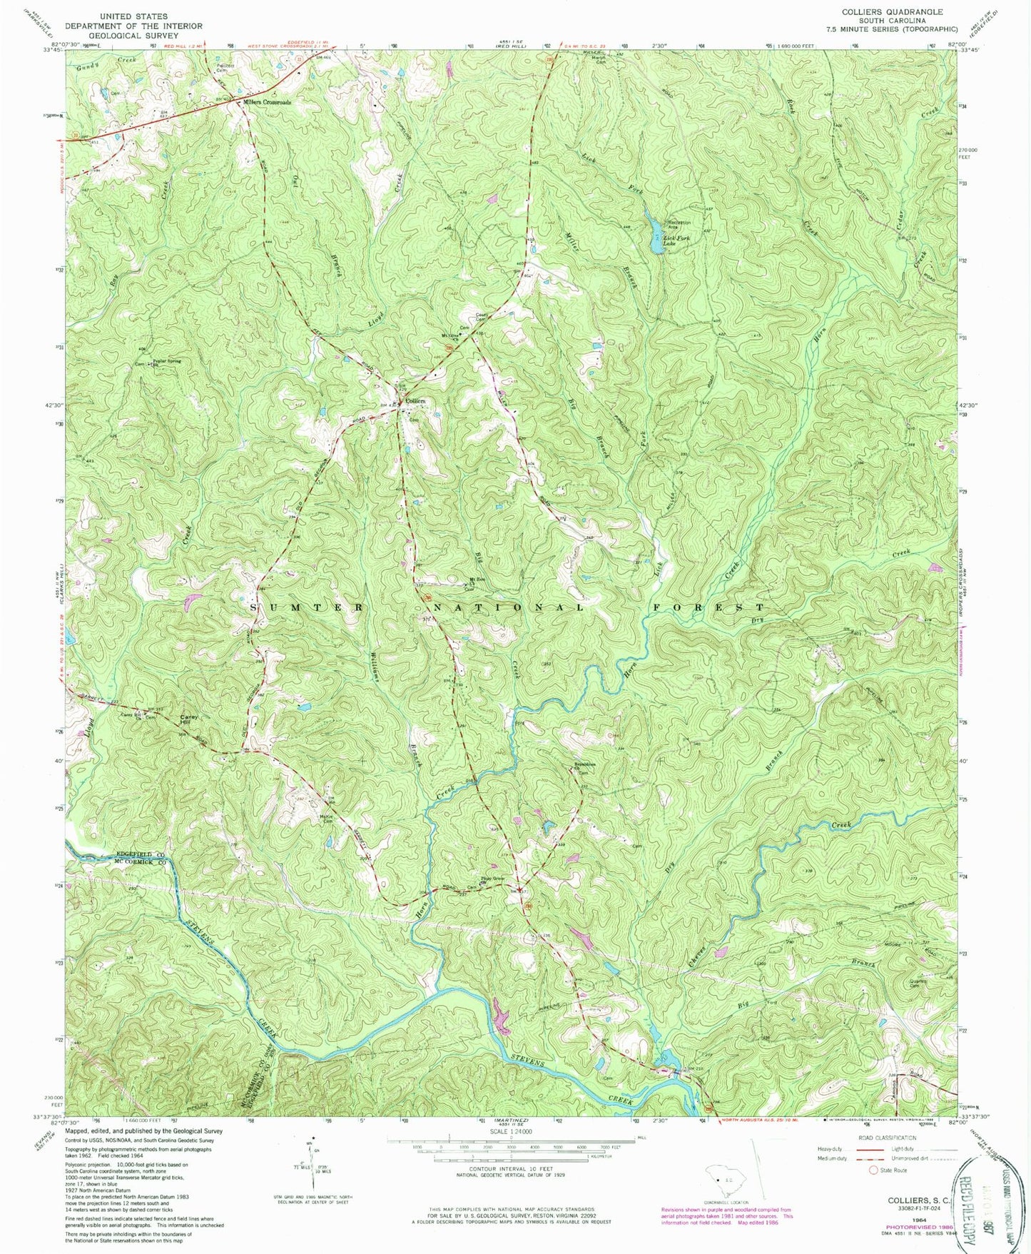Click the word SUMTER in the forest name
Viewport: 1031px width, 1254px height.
pyautogui.click(x=307, y=607)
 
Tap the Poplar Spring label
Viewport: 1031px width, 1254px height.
pyautogui.click(x=167, y=361)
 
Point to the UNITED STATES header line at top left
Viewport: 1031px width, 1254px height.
pyautogui.click(x=133, y=16)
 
